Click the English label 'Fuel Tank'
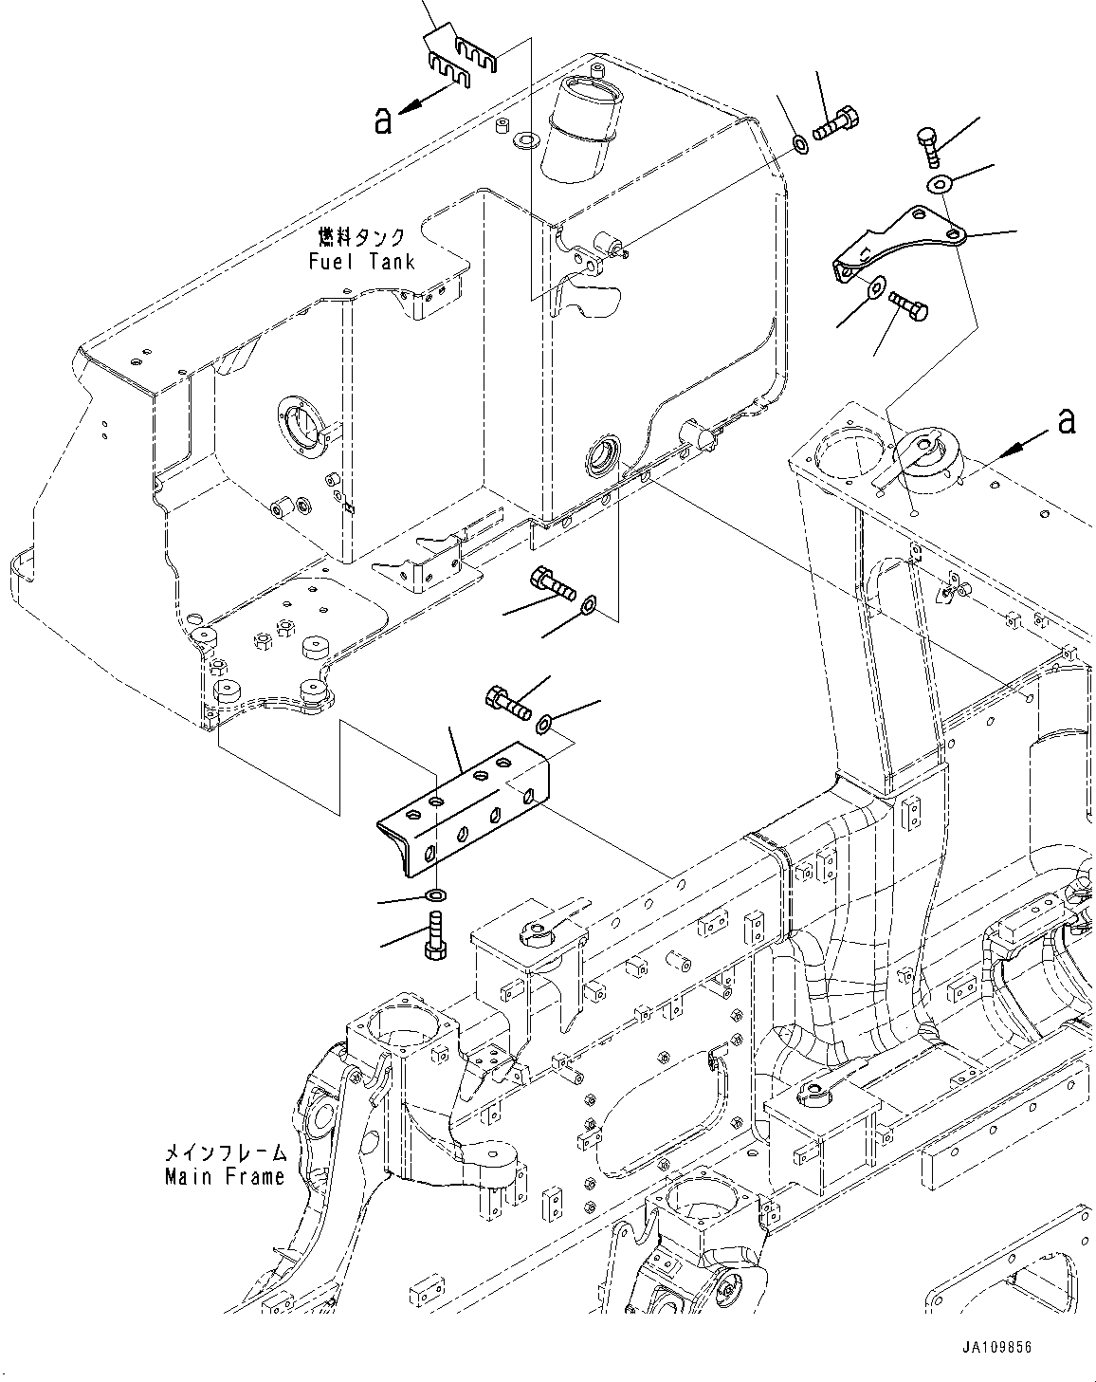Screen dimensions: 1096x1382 point(361,262)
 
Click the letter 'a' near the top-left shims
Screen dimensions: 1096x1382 point(383,120)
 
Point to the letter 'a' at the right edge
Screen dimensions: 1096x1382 point(1066,421)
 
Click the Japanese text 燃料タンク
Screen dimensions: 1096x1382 point(362,238)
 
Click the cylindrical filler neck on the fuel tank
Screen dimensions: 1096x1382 point(582,128)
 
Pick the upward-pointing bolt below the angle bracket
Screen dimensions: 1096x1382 point(436,936)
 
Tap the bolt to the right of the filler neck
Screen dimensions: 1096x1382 point(835,125)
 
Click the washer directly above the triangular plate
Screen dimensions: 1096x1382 point(940,184)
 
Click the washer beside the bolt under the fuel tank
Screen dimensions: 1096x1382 point(588,604)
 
